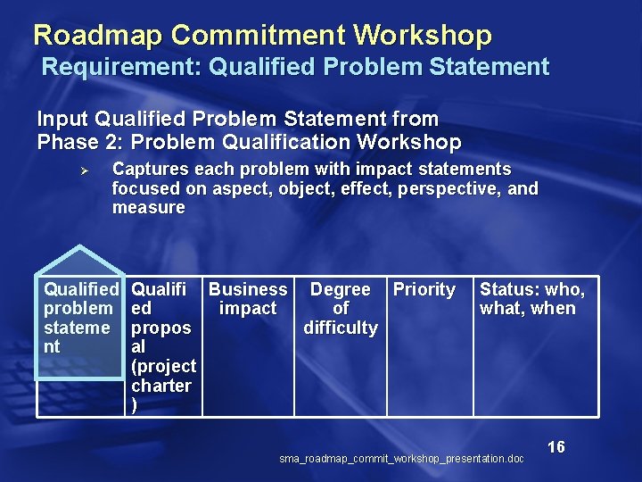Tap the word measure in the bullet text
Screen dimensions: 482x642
[148, 208]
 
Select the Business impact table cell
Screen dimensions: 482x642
[248, 299]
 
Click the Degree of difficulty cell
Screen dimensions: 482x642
[340, 308]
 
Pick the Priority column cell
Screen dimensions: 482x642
[424, 289]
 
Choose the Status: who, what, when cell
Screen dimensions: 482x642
[531, 299]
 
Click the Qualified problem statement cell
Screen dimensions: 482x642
[80, 318]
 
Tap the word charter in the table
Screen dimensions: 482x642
[161, 386]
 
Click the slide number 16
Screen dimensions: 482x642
[556, 447]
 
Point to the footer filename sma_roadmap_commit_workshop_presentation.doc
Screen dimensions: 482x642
[401, 459]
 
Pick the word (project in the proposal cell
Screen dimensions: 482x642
[163, 366]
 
